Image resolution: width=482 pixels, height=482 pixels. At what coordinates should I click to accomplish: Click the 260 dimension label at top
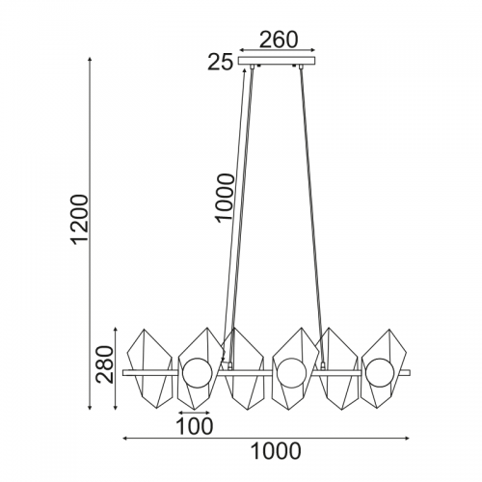click(279, 40)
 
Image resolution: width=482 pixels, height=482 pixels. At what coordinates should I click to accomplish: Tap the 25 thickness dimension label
click(220, 62)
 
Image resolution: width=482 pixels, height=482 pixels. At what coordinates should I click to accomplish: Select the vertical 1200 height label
click(78, 220)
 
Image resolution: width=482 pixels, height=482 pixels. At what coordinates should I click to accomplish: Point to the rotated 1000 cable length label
click(225, 197)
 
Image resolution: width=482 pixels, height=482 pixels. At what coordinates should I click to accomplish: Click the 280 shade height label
click(105, 364)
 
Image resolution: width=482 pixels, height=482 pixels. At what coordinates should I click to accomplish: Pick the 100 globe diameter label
click(195, 426)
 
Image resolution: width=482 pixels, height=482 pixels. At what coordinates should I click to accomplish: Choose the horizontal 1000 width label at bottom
click(276, 451)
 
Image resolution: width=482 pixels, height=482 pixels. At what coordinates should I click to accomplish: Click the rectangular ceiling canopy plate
click(277, 61)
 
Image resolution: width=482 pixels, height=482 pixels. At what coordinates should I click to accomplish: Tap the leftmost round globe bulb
click(198, 373)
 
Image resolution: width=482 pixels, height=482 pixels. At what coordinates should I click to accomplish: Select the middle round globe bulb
click(292, 373)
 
